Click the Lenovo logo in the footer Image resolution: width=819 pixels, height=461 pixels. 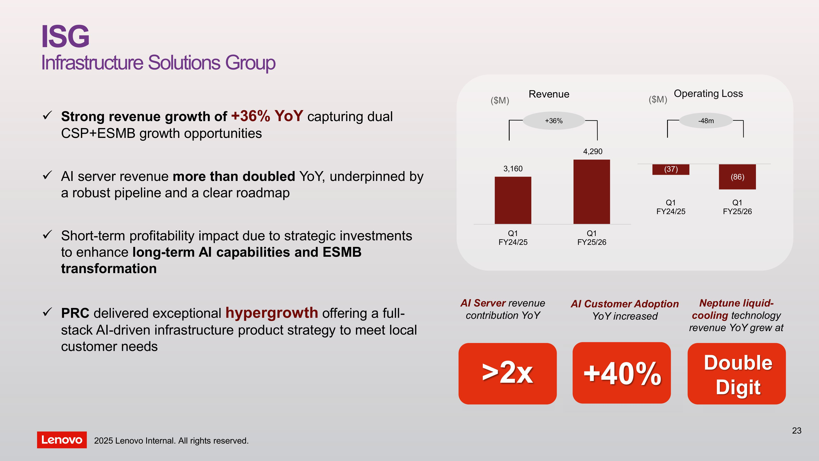click(x=62, y=440)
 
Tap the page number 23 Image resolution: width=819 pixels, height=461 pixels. click(x=796, y=430)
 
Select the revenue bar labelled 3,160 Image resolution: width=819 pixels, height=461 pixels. click(x=513, y=200)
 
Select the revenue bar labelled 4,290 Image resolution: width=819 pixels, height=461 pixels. click(x=592, y=192)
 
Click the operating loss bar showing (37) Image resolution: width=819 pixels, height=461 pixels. click(x=671, y=169)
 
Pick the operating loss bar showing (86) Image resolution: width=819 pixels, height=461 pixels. click(x=737, y=177)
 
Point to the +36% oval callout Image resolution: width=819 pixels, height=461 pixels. click(x=554, y=121)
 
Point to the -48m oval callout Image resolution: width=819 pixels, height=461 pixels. click(x=706, y=121)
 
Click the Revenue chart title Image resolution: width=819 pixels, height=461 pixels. click(x=549, y=94)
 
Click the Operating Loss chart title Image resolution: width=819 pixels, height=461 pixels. click(x=708, y=94)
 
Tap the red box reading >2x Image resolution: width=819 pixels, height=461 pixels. click(x=507, y=374)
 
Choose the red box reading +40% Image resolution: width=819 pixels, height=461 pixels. click(x=622, y=373)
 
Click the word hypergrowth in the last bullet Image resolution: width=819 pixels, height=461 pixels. click(x=271, y=313)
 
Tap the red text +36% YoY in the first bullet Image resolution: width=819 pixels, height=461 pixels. click(x=267, y=116)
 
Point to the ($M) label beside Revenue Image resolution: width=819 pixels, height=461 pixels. click(x=500, y=101)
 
